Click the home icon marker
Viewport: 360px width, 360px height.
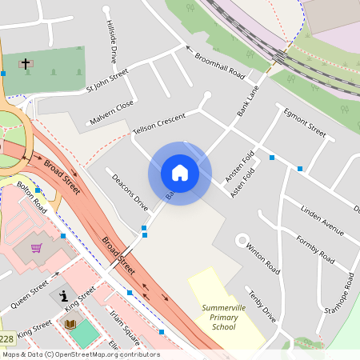pos(180,173)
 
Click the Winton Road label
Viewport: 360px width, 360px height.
pos(262,256)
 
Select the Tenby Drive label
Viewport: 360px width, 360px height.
pos(262,306)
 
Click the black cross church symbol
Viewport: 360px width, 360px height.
pos(25,63)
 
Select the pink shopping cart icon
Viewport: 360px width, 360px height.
pos(36,248)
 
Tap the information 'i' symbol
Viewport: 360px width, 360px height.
pos(64,296)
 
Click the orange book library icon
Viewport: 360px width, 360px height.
pos(70,324)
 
